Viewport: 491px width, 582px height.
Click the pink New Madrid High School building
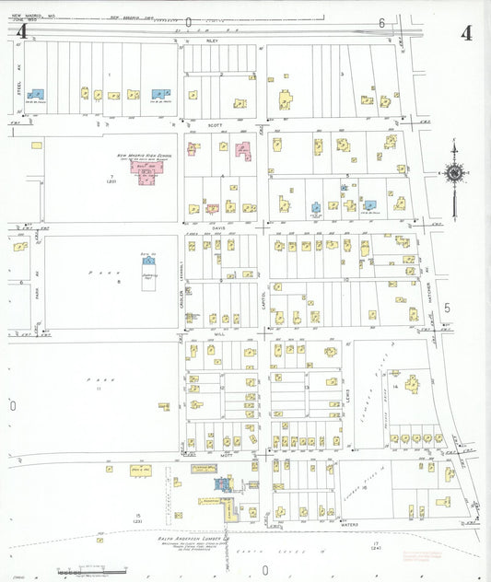pyautogui.click(x=148, y=174)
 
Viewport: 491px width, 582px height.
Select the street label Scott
pyautogui.click(x=215, y=124)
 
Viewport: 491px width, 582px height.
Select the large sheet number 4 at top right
pyautogui.click(x=466, y=33)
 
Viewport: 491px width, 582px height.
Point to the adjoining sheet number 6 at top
pyautogui.click(x=380, y=22)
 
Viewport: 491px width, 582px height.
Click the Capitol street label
pyautogui.click(x=263, y=299)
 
